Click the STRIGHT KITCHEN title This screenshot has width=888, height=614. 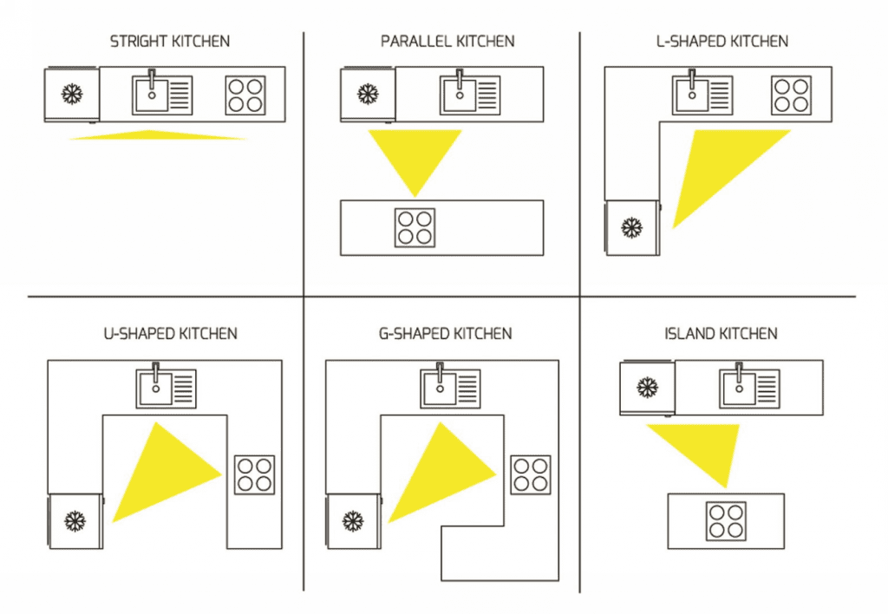point(169,41)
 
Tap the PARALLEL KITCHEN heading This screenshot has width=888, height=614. point(447,41)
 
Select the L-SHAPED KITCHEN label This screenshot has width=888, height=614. point(722,41)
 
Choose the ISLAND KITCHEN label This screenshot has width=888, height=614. point(721,333)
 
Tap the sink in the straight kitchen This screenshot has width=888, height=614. point(162,95)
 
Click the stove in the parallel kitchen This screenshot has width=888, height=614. point(415,227)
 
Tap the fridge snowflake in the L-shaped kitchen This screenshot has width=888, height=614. point(632,227)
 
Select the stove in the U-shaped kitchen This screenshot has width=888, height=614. point(254,474)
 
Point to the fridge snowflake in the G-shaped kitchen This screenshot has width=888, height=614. point(352,520)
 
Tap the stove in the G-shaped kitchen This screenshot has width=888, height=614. point(530,474)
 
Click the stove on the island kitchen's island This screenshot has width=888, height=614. point(726,520)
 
